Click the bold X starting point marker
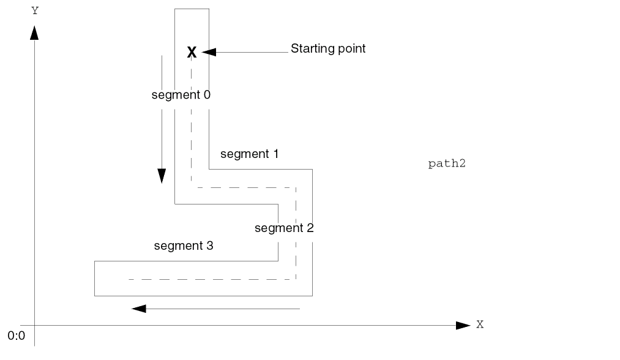(192, 53)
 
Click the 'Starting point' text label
(327, 48)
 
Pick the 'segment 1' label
(249, 154)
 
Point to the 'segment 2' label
(284, 228)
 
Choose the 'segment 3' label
(184, 246)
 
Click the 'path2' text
(447, 164)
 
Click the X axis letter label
(480, 324)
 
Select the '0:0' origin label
(16, 336)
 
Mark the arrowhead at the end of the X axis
(463, 325)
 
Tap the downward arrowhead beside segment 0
(162, 176)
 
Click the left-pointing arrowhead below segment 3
(139, 309)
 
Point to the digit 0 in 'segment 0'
(207, 95)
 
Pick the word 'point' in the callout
(351, 48)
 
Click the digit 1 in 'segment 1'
(275, 154)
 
